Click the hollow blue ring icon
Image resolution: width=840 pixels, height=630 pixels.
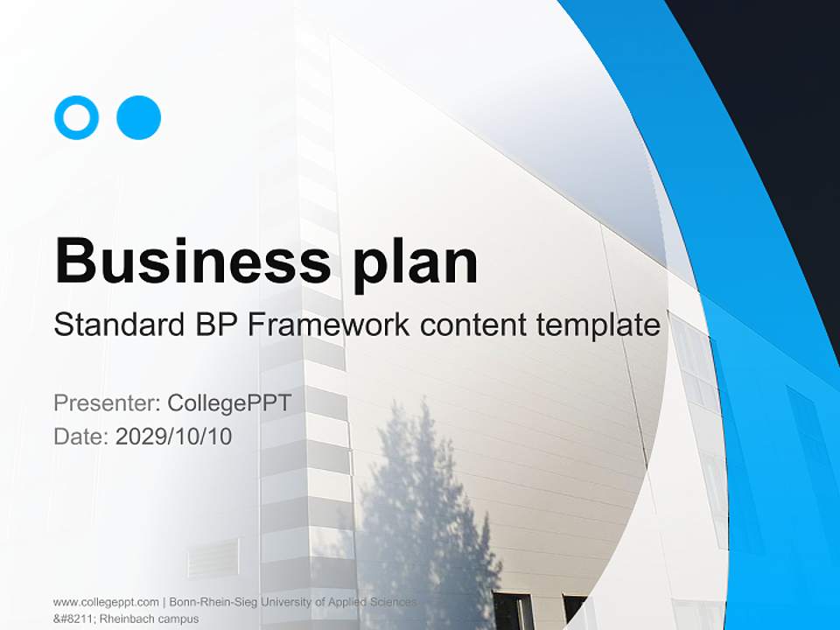pyautogui.click(x=76, y=117)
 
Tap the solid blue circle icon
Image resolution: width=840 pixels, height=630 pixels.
pyautogui.click(x=138, y=117)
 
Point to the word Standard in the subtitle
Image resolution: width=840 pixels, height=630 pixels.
pyautogui.click(x=118, y=325)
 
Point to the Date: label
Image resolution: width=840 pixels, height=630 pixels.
pyautogui.click(x=80, y=436)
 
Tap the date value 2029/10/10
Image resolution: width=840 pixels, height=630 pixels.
pyautogui.click(x=174, y=436)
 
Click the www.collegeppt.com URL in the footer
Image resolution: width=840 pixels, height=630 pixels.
pyautogui.click(x=105, y=602)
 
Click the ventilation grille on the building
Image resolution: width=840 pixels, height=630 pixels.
pyautogui.click(x=213, y=557)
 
